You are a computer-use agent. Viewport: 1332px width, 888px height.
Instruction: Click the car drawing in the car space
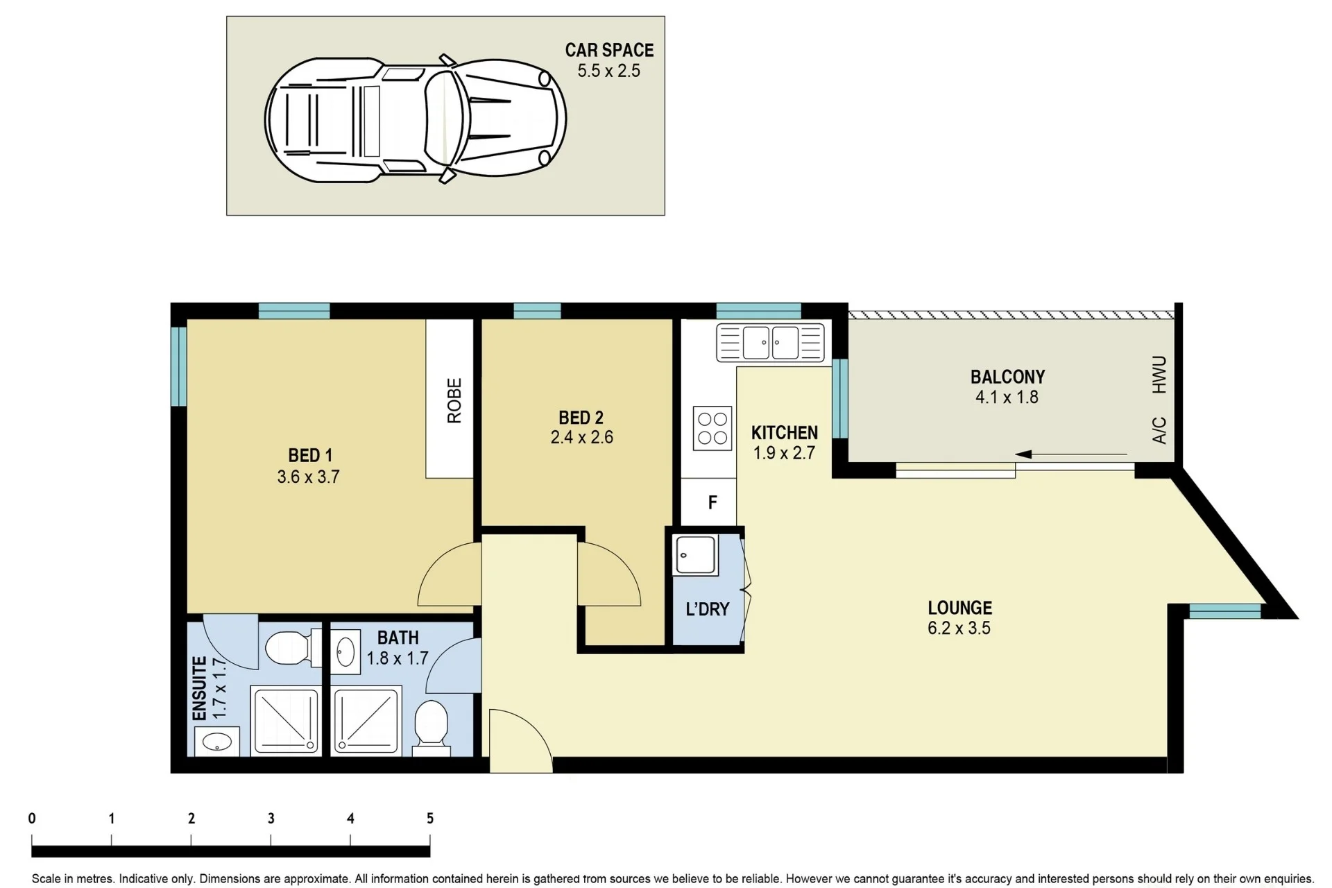(416, 119)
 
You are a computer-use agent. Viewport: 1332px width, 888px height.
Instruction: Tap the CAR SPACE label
(609, 50)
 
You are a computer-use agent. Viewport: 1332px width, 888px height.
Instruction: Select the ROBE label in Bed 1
(454, 400)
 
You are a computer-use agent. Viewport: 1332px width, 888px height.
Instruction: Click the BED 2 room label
(581, 418)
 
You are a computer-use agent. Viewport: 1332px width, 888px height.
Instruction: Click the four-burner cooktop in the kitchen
(712, 428)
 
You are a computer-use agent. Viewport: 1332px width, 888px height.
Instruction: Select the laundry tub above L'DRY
(695, 555)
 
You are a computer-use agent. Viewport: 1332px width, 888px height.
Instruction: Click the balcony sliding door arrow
(1071, 455)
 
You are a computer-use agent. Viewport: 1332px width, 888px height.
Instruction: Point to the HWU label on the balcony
(1159, 375)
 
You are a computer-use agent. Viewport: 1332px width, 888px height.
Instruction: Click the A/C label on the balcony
(1159, 430)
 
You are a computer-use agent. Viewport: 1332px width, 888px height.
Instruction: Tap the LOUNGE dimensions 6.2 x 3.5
(959, 629)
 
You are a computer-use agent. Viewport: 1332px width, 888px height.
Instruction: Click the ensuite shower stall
(286, 720)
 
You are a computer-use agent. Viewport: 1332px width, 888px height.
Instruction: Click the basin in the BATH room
(345, 651)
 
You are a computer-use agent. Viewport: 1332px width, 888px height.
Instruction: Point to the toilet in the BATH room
(432, 727)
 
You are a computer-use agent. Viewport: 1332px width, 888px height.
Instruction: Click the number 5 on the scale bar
(430, 819)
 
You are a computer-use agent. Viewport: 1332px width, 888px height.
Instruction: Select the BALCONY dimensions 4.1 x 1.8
(1007, 398)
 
